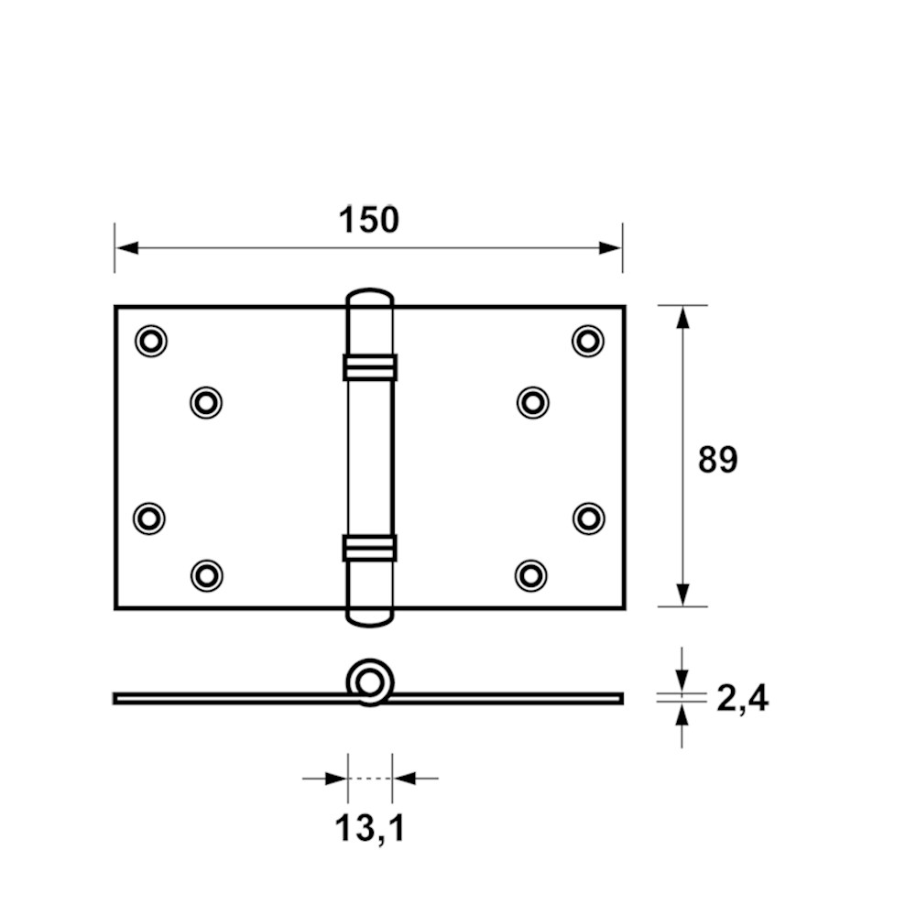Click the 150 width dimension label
pos(368,220)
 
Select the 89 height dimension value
pos(718,459)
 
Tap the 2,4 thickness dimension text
pos(742,698)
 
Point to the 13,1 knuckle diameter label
pos(370,828)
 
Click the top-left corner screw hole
pos(151,341)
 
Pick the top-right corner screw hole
pos(588,341)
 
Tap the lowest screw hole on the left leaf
pos(207,576)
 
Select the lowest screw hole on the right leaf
pos(531,575)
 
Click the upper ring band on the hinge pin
pos(370,367)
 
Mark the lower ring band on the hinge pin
pos(370,548)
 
